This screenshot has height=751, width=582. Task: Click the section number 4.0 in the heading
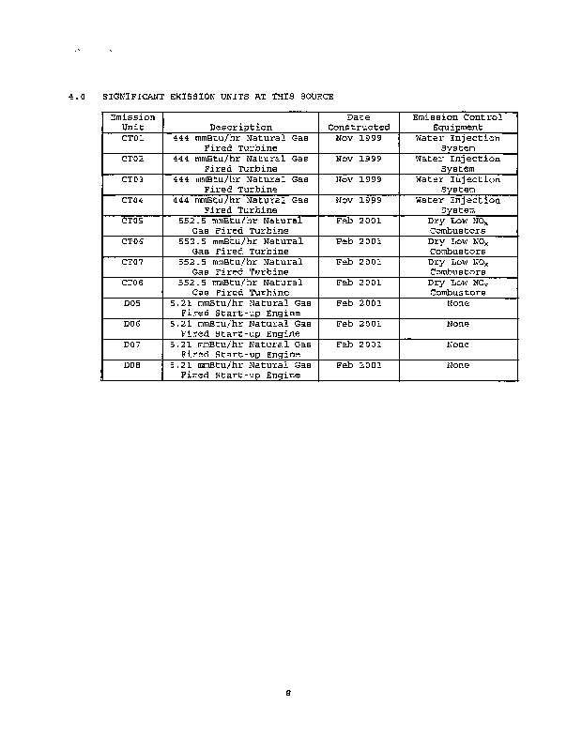pos(78,97)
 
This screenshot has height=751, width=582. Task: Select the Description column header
pos(241,127)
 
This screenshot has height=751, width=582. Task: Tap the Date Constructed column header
pos(359,122)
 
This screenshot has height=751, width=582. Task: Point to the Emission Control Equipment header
pos(457,122)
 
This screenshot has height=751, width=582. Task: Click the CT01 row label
pos(132,138)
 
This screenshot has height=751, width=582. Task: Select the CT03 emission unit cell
pos(132,178)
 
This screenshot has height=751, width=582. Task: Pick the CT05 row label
pos(132,221)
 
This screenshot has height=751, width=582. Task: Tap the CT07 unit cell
pos(132,262)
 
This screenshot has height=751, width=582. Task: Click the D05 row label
pos(132,303)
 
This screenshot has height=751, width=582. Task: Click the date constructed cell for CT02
pos(359,159)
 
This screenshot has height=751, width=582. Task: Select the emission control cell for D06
pos(457,324)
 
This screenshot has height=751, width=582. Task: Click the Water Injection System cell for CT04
pos(457,205)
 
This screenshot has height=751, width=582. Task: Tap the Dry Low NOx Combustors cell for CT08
pos(457,286)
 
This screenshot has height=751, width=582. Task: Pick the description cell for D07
pos(241,349)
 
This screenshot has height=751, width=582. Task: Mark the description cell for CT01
pos(241,143)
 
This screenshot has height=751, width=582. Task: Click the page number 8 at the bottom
pos(289,695)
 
